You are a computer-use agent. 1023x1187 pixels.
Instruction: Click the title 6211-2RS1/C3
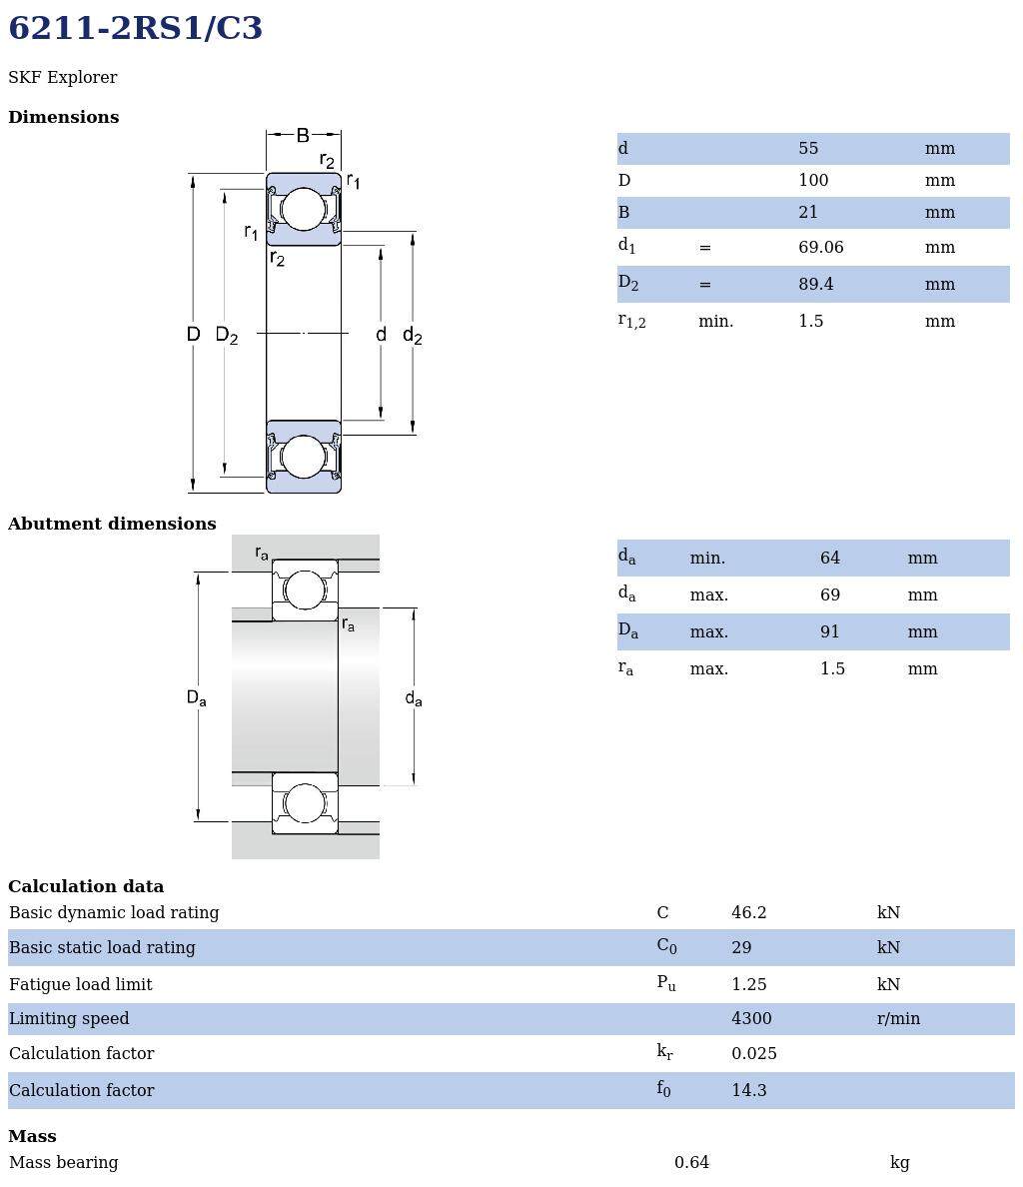(135, 29)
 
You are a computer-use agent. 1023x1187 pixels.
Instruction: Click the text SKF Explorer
(62, 78)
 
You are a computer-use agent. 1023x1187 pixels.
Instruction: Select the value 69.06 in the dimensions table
(820, 248)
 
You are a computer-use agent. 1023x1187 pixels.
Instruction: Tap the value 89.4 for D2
(815, 285)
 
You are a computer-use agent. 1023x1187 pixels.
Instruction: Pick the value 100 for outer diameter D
(813, 181)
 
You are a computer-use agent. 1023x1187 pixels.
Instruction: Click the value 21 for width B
(808, 213)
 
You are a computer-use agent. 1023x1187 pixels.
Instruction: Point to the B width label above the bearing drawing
(303, 135)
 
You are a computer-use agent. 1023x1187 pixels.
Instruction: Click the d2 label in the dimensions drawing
(412, 336)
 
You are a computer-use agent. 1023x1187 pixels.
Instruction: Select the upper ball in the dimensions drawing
(303, 210)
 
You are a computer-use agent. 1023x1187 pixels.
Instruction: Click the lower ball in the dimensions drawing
(303, 457)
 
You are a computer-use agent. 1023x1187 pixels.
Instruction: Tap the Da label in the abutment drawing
(196, 698)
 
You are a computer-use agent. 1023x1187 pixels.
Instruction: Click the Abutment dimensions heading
(112, 525)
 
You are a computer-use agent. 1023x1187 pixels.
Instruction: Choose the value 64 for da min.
(829, 559)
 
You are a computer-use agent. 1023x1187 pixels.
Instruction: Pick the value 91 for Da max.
(829, 632)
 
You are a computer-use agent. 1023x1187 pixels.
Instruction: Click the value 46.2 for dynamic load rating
(748, 913)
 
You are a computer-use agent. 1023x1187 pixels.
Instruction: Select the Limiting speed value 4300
(751, 1019)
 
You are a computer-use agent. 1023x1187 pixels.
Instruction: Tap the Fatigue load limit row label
(81, 985)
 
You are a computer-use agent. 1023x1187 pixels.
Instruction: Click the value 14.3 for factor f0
(748, 1091)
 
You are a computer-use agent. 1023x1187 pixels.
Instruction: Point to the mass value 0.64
(691, 1163)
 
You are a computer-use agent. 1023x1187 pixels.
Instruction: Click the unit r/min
(898, 1019)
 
